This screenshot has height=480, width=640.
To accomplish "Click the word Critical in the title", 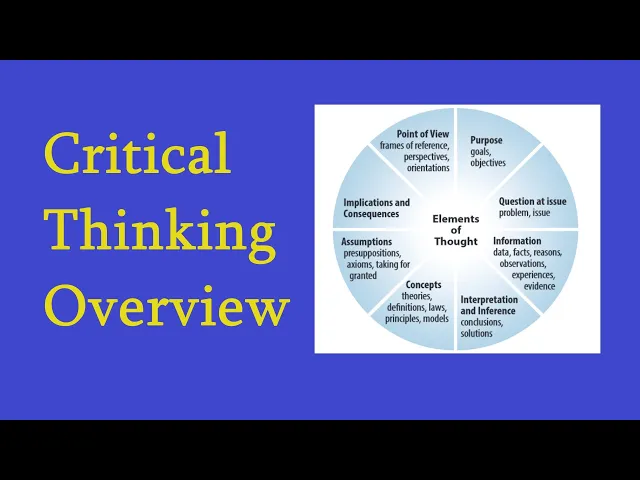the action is tap(137, 155).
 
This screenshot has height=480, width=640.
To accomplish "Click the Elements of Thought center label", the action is tap(456, 230).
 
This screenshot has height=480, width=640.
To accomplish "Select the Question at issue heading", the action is tap(533, 201).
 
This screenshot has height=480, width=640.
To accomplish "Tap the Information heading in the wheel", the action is tap(517, 241).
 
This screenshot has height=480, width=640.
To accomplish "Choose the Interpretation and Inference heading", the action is tap(489, 305).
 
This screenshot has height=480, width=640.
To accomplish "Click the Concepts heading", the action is tap(423, 285).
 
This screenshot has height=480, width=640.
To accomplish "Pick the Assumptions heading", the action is tap(366, 242).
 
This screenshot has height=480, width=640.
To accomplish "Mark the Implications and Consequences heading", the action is tap(376, 208).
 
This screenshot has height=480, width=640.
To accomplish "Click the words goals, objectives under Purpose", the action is tap(488, 157).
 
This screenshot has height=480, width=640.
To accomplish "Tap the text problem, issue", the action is tap(524, 213).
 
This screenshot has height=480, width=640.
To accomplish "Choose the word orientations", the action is tap(428, 168).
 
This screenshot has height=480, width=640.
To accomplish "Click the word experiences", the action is tap(533, 274).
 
